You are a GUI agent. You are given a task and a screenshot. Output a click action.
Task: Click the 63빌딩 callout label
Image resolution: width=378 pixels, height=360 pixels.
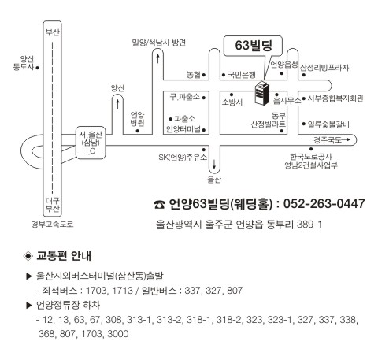coord(254,45)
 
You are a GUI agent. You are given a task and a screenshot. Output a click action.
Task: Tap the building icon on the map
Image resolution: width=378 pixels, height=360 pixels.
coord(262,93)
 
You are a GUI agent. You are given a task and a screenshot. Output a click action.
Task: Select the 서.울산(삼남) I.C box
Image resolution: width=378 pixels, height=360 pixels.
coord(91,143)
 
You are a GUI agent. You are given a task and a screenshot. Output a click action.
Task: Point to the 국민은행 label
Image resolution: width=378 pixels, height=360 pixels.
coord(242,75)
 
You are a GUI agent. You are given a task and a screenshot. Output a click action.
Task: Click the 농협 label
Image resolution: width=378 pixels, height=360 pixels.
coord(194,75)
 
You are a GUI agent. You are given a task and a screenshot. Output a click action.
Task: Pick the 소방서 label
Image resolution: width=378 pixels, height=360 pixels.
coord(232,102)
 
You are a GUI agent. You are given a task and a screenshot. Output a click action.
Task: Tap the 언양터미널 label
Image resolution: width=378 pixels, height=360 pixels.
coord(183,129)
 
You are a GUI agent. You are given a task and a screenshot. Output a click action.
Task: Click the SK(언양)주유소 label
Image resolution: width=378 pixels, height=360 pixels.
coord(183,158)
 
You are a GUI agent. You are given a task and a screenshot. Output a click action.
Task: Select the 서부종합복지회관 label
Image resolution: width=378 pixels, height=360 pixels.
coord(335,98)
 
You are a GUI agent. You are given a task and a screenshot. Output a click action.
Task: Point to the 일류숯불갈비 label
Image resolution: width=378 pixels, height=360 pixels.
coord(328,124)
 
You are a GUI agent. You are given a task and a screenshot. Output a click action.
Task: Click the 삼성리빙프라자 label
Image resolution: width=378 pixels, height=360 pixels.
coord(324,68)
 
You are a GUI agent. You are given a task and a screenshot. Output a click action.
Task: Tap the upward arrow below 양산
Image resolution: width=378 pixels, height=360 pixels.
coord(117,104)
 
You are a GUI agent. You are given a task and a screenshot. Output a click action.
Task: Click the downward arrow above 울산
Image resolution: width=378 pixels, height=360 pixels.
coord(214,165)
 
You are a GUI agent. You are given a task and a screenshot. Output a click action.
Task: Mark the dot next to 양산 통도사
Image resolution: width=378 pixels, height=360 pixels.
coord(37,68)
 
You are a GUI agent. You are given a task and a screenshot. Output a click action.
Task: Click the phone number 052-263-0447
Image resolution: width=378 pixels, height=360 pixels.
coord(324,204)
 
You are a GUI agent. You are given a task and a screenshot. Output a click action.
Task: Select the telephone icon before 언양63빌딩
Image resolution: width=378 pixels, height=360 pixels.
coord(159,205)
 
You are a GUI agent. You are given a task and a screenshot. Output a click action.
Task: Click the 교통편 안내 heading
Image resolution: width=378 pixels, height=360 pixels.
coord(64,256)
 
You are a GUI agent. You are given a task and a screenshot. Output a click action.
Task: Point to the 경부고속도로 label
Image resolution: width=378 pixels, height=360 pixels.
coord(53,225)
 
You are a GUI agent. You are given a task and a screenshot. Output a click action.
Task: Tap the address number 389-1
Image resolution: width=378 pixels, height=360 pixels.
coord(309,225)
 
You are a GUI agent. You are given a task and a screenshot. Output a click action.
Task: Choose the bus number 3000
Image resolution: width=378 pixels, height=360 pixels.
coord(118,334)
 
